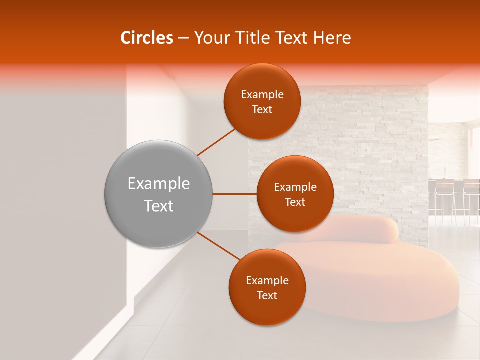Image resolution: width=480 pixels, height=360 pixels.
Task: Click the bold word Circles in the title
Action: coord(146,38)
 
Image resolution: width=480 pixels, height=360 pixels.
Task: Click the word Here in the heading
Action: coord(332,38)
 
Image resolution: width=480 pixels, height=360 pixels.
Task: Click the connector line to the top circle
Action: coord(216,142)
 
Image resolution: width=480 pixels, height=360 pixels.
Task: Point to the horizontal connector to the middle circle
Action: coord(234,194)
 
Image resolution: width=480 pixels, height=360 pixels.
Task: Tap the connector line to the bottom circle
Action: coord(219,246)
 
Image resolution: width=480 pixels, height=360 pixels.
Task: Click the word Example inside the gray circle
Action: coord(159,184)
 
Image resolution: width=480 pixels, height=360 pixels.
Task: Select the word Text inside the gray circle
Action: coord(159,206)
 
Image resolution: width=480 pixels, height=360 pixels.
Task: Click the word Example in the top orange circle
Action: coord(262,95)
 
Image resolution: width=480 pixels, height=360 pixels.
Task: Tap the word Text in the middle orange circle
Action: coord(295,202)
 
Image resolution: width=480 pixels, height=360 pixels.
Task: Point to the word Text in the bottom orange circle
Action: coord(267,295)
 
